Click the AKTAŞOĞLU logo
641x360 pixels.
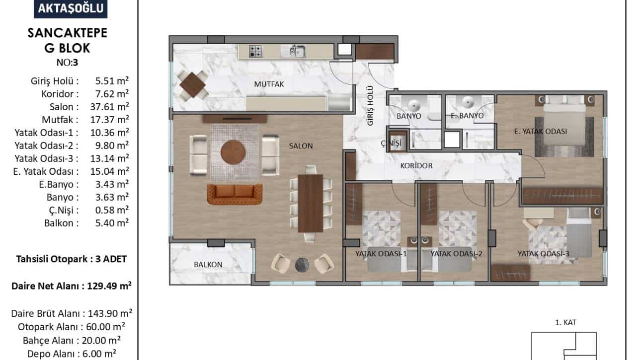71,8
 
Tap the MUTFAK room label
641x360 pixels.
269,84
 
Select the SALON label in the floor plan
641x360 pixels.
301,146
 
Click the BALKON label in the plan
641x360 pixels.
208,265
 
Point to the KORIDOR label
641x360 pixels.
416,165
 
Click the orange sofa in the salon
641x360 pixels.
235,194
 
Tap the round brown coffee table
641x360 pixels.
233,152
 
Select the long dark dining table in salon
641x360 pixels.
311,203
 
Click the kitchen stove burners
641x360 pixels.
255,52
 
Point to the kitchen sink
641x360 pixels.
293,52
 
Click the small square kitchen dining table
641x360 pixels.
193,85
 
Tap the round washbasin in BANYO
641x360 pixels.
414,105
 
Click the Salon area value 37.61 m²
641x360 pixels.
110,107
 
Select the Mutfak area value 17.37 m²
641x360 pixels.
110,120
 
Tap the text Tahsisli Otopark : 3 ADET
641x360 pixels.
71,259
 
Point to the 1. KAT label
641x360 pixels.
566,323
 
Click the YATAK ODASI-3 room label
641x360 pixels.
544,254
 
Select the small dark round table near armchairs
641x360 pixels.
302,265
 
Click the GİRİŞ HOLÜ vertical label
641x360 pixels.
370,106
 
